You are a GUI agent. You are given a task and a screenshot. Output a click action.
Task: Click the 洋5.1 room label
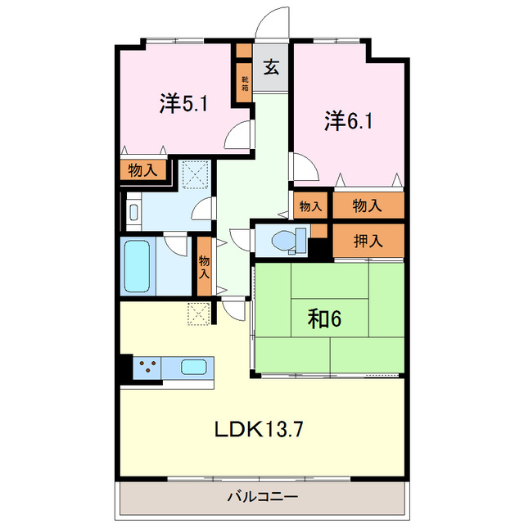click(x=183, y=104)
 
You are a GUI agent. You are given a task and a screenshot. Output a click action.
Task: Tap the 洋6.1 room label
click(x=349, y=121)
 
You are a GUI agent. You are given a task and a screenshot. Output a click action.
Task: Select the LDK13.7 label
click(x=259, y=429)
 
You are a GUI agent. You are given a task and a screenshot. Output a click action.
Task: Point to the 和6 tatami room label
click(x=324, y=318)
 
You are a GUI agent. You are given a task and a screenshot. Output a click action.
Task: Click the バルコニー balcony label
click(x=263, y=497)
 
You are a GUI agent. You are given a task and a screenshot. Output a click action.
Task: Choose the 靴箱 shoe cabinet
click(x=245, y=83)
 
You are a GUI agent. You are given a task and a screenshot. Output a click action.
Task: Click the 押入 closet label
click(x=368, y=241)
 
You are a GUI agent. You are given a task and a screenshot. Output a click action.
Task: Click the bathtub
click(x=137, y=266)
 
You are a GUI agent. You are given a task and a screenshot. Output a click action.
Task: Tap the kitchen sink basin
click(x=194, y=367)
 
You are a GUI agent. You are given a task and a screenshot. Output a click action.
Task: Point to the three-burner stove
click(x=147, y=368)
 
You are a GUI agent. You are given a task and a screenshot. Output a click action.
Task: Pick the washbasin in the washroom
click(x=133, y=212)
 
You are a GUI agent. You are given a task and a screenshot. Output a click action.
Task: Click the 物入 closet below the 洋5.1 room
click(x=143, y=169)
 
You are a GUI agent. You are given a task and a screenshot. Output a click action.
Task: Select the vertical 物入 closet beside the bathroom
click(x=204, y=266)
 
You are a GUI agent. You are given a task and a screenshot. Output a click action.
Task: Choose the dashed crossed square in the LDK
click(x=199, y=314)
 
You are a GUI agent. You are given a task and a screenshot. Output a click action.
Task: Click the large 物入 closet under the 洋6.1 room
click(x=368, y=206)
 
